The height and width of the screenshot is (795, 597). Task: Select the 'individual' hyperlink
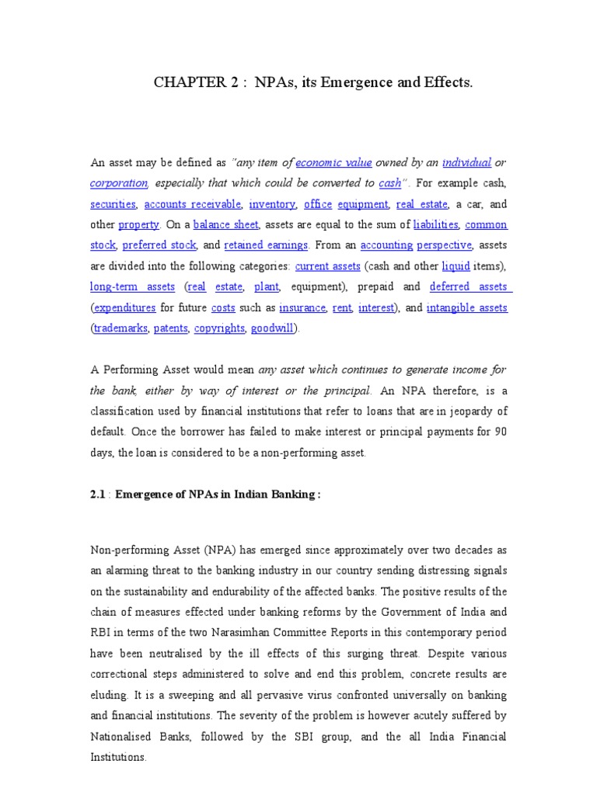click(466, 163)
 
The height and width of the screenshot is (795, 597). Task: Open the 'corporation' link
click(119, 183)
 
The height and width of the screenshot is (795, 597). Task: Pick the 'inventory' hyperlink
click(272, 204)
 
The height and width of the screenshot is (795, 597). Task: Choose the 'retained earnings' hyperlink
click(266, 245)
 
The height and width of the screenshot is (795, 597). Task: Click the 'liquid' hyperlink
click(456, 266)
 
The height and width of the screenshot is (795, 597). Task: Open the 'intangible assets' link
click(466, 307)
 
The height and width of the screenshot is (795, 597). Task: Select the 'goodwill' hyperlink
click(272, 328)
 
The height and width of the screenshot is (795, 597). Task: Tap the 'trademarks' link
click(120, 328)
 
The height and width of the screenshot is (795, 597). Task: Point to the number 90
click(500, 432)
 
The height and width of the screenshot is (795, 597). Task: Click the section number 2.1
click(99, 495)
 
